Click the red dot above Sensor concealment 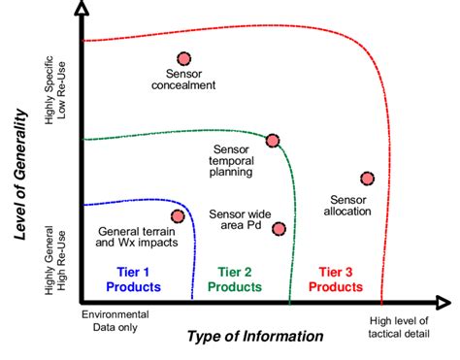(x=182, y=59)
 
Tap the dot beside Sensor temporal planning (x=273, y=141)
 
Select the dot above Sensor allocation (x=366, y=178)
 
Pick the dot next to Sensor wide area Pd (x=279, y=229)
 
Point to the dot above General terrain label (x=178, y=216)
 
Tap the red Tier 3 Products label (x=335, y=279)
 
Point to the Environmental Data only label (x=115, y=321)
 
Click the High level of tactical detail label (x=401, y=328)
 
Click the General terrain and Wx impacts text (x=139, y=236)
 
